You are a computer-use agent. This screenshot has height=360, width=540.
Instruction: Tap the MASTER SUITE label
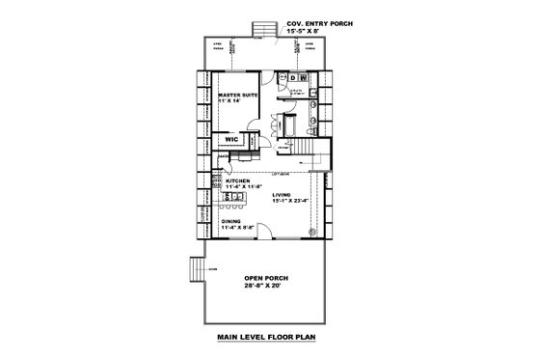235,96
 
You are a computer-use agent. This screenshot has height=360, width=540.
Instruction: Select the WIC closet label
231,139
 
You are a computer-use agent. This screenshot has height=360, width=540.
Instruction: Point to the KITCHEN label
237,180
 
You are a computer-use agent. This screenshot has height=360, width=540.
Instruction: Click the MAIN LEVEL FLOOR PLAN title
268,339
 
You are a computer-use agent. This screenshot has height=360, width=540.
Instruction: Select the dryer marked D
291,77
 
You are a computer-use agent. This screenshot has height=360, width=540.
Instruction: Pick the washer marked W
302,77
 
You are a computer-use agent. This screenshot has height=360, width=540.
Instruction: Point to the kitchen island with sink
232,200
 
